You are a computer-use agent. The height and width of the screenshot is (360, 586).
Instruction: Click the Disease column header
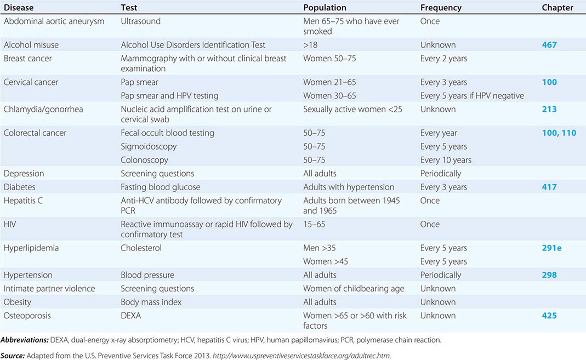click(20, 8)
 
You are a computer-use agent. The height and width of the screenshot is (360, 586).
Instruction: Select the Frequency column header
click(441, 8)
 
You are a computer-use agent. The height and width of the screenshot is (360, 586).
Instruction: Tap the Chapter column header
click(557, 8)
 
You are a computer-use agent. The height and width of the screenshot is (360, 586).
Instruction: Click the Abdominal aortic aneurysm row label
click(54, 21)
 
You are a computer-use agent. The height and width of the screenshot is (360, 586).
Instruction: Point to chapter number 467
click(549, 45)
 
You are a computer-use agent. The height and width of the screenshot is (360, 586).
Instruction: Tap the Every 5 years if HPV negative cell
click(472, 96)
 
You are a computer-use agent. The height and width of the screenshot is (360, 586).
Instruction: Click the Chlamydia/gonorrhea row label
click(43, 109)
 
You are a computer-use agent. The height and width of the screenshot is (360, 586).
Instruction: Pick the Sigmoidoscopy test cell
click(149, 146)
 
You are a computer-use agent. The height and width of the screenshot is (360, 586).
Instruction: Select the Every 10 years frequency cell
click(446, 160)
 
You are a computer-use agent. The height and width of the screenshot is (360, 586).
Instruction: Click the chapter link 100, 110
click(559, 133)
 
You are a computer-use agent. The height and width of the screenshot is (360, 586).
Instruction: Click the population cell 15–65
click(314, 224)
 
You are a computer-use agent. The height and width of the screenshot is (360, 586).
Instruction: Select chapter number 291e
click(551, 248)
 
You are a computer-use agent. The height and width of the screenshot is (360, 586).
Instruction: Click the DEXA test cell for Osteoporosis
click(132, 316)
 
